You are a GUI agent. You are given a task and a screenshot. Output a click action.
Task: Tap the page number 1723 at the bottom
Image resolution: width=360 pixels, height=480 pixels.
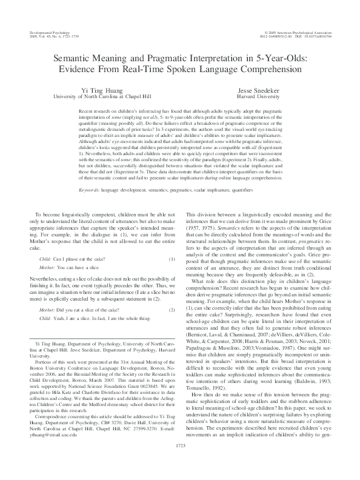coord(180,462)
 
